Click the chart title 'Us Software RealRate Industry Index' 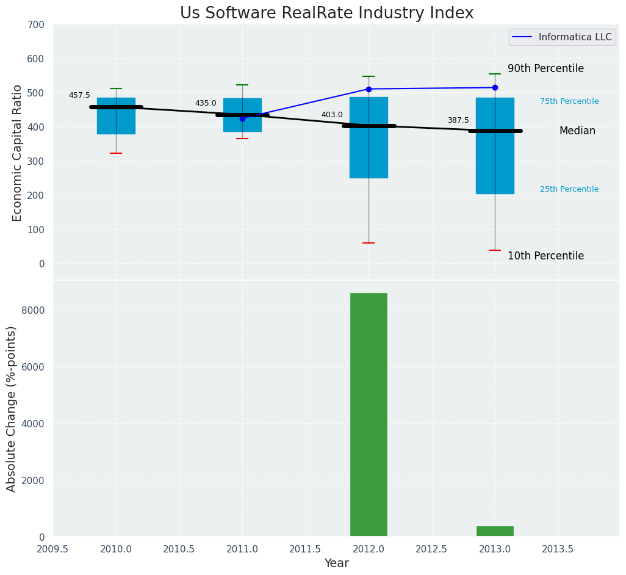(x=326, y=13)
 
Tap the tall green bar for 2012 (x=369, y=414)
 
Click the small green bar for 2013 (x=495, y=531)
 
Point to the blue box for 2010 (x=116, y=122)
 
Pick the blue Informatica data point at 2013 (x=495, y=87)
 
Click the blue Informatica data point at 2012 (x=369, y=89)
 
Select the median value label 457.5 (x=79, y=95)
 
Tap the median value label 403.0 (x=332, y=115)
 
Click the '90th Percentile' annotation (x=545, y=68)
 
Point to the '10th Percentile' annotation (x=545, y=256)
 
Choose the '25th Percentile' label (x=569, y=189)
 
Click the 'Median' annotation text (x=577, y=131)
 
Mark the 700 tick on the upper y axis (x=36, y=24)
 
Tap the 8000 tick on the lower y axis (x=34, y=310)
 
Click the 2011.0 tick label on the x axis (x=242, y=549)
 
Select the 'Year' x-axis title (x=336, y=563)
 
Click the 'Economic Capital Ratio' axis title (x=18, y=153)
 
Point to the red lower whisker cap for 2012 (x=369, y=243)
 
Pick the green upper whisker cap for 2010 (x=116, y=89)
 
